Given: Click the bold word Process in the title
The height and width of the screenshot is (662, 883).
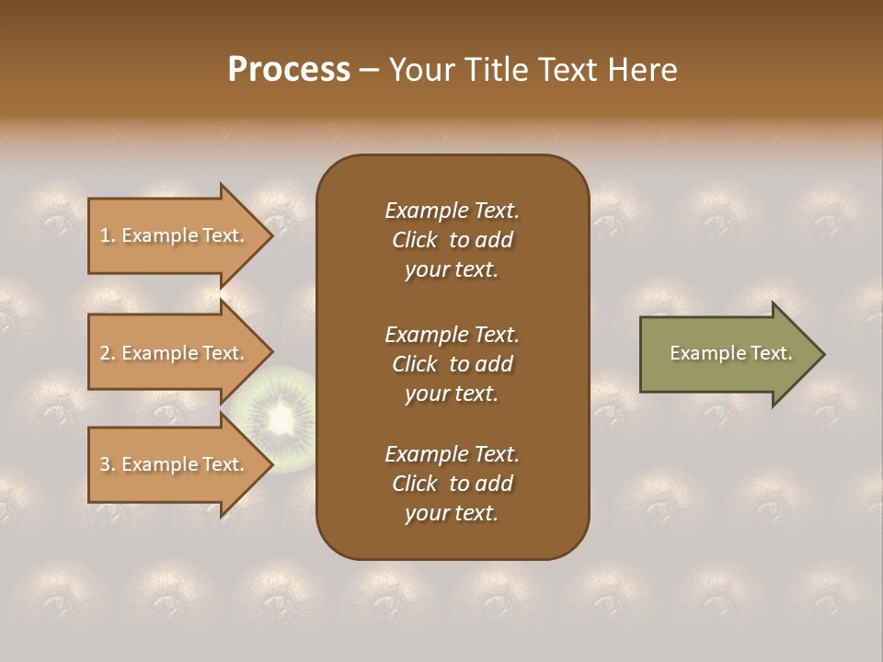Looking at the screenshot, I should [289, 69].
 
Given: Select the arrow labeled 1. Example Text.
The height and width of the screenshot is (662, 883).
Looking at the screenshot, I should [175, 235].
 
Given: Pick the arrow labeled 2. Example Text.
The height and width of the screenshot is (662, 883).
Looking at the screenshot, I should [175, 353].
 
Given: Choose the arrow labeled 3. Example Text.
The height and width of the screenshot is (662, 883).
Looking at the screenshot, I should [175, 464].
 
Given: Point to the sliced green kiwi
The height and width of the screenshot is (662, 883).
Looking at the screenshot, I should [276, 418].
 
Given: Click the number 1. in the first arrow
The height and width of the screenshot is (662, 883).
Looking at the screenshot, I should [108, 235].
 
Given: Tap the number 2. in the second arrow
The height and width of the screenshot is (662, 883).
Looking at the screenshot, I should [108, 353].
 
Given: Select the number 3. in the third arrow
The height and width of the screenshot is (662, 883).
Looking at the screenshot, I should [108, 464].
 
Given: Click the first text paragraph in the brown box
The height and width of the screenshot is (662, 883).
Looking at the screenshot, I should [452, 240].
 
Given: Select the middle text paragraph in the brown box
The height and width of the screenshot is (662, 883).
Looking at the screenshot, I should [452, 363].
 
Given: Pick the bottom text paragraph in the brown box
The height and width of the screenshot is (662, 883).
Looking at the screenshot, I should [452, 484].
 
